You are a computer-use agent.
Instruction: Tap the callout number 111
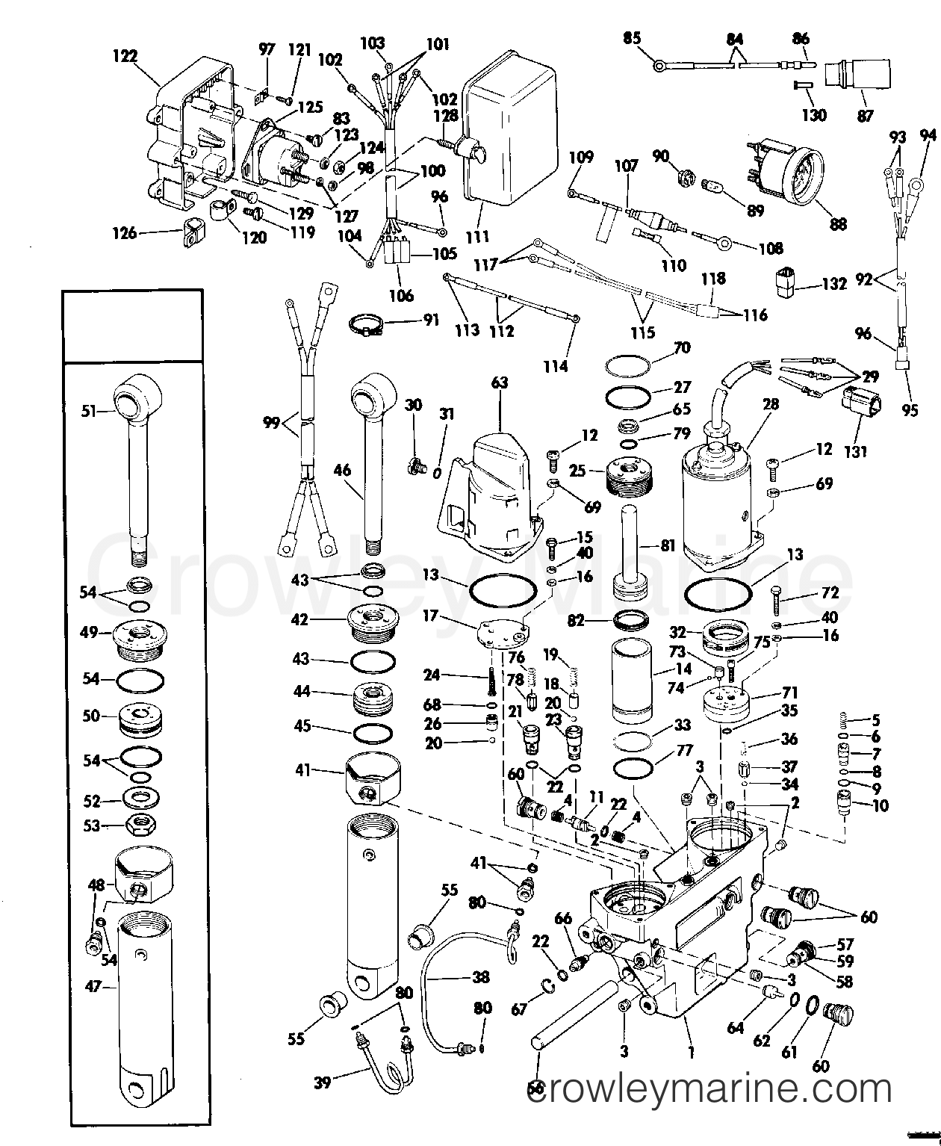coord(477,237)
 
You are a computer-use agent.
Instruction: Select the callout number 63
coord(499,383)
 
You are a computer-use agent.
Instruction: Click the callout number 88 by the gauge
coord(839,223)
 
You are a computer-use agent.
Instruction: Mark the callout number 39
coord(322,1081)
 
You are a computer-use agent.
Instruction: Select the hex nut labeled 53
coord(139,825)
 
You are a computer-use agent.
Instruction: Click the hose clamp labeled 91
coord(367,324)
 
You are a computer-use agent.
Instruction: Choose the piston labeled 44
coord(373,700)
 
